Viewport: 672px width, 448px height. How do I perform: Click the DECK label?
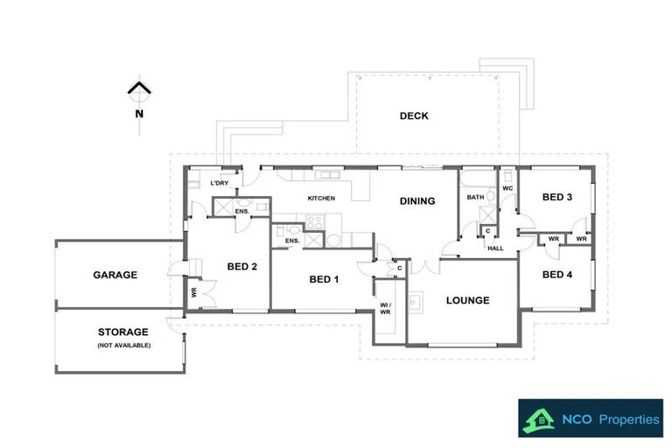point(414,115)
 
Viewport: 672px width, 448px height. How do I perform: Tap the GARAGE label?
point(115,275)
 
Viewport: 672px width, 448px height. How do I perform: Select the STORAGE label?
point(123,332)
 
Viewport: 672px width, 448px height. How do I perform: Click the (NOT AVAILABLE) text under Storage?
point(123,346)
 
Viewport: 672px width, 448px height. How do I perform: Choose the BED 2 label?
point(241,267)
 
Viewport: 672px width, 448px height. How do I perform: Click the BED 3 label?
point(556,197)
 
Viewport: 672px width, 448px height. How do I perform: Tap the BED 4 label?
point(556,275)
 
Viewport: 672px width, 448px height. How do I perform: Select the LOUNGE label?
point(467,300)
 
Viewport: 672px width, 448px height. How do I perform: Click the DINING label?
point(417,201)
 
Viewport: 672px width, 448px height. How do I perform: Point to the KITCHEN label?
point(321,199)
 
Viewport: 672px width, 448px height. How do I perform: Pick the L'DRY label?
point(220,183)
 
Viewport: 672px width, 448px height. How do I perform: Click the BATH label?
point(475,198)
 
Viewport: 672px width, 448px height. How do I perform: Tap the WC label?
point(507,187)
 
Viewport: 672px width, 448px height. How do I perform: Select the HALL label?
point(495,248)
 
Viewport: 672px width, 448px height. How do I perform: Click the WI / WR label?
point(385,307)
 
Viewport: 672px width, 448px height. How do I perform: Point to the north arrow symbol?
point(138,88)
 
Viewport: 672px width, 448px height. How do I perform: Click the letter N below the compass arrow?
point(138,113)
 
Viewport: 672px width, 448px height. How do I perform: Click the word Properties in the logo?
point(628,420)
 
